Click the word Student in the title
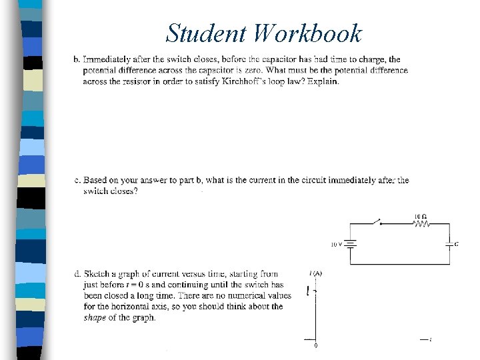[206, 33]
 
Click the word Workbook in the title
[307, 33]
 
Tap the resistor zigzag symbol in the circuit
[421, 225]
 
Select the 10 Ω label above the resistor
[420, 217]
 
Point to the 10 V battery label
[337, 245]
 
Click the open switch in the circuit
[377, 221]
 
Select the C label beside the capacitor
[456, 244]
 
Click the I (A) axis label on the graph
[315, 273]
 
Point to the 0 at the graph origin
[315, 345]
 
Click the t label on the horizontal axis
[431, 340]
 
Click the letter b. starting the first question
[77, 60]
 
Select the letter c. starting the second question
[77, 180]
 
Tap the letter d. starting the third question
[77, 273]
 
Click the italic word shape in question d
[94, 317]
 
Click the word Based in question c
[95, 180]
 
